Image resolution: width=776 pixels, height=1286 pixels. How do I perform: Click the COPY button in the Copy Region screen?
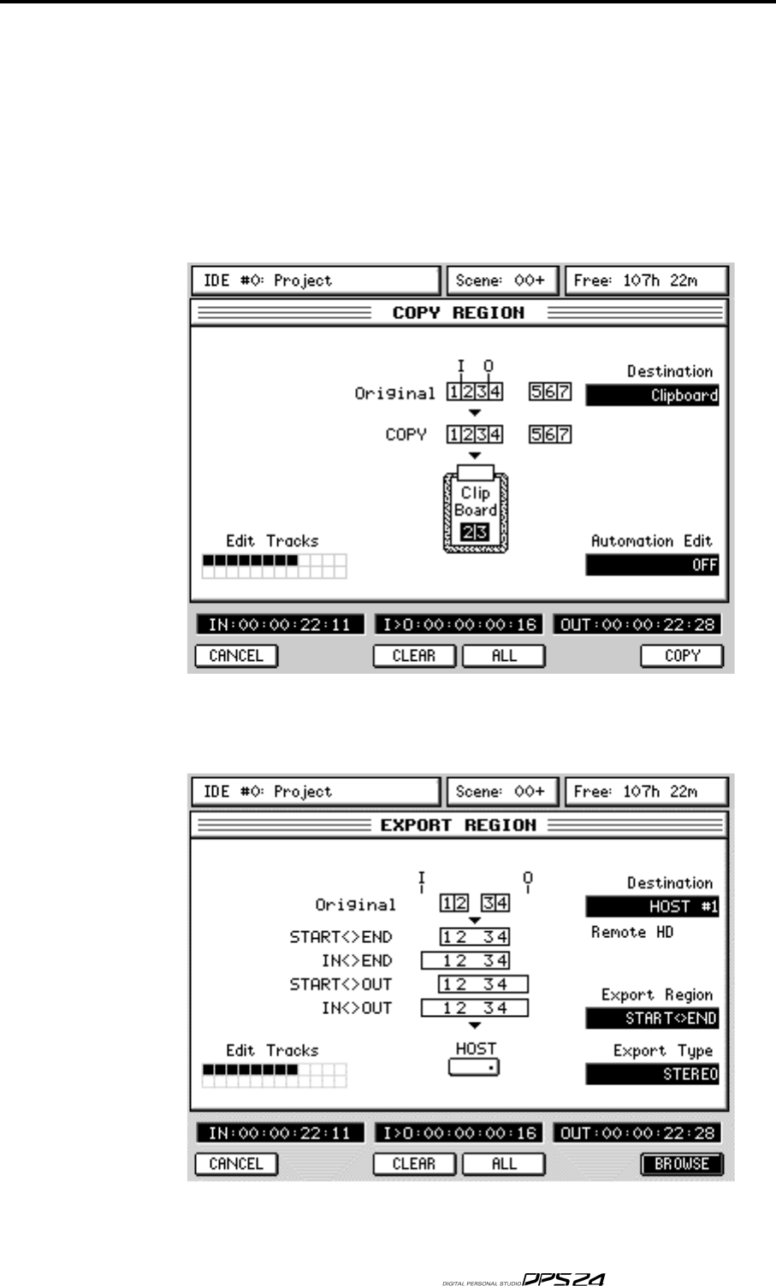[x=682, y=656]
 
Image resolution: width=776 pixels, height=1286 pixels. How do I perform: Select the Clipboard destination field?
[x=652, y=395]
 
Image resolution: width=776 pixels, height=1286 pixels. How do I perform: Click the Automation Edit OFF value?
[x=652, y=565]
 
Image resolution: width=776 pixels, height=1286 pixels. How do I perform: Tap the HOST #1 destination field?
[x=652, y=906]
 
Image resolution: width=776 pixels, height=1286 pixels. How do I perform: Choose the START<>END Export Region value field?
[x=652, y=1018]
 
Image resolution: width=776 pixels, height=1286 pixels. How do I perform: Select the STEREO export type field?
[x=652, y=1074]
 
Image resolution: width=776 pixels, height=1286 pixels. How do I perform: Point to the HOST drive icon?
[x=473, y=1067]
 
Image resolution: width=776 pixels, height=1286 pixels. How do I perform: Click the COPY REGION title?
[x=458, y=313]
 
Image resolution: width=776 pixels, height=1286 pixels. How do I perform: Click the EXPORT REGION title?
[x=458, y=825]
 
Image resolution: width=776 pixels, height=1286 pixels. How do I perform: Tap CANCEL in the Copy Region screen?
[x=236, y=656]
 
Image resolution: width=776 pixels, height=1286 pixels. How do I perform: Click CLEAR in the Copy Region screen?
[x=414, y=656]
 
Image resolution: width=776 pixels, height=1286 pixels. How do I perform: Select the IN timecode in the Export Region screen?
[x=280, y=1134]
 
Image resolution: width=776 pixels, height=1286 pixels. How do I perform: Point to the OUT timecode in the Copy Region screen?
[x=637, y=625]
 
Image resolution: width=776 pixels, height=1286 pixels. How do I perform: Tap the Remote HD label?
[x=632, y=932]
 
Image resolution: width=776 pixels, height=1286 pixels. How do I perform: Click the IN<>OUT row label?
[x=357, y=1008]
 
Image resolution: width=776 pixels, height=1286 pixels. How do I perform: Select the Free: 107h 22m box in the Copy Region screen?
[x=647, y=280]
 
